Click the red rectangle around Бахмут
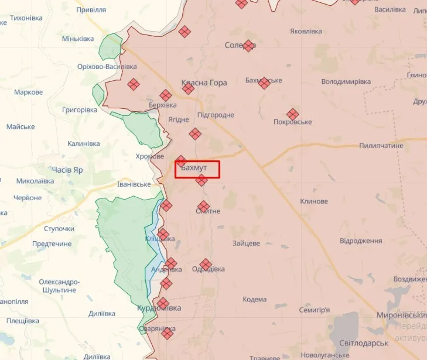tap(197, 169)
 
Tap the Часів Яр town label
tap(68, 169)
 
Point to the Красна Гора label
tap(204, 83)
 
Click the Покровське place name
tap(292, 122)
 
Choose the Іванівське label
tap(134, 184)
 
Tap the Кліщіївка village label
tap(160, 239)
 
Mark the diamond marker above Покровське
tap(293, 114)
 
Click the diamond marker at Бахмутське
tap(264, 83)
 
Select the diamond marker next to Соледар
tap(249, 46)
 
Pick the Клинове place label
tap(314, 201)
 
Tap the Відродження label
tap(361, 241)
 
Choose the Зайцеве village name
tap(246, 243)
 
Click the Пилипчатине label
tap(381, 145)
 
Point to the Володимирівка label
tap(346, 82)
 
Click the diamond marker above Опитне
tap(204, 206)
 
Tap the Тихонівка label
tap(26, 18)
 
